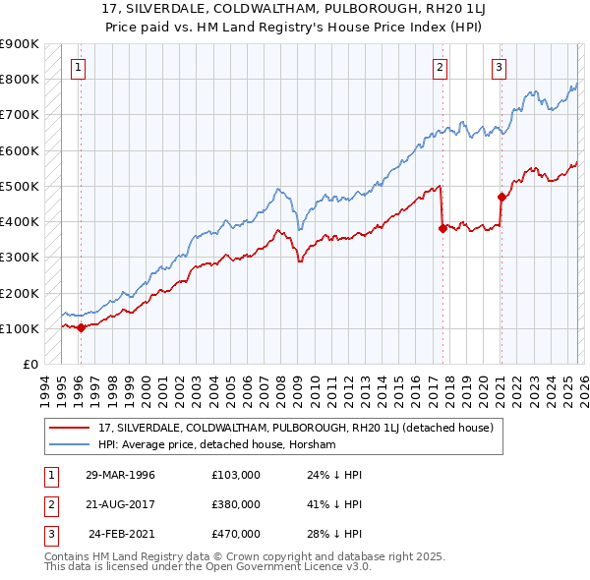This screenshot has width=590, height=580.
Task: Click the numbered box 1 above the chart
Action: [x=78, y=68]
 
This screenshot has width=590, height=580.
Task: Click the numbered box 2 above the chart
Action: [x=440, y=68]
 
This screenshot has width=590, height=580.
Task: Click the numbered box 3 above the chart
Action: [x=499, y=68]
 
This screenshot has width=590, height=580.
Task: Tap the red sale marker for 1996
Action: [x=81, y=328]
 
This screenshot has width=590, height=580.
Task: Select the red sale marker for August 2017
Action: [x=442, y=228]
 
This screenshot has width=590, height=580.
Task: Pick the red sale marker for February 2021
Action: [x=501, y=197]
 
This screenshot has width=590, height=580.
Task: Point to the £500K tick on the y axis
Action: [x=19, y=186]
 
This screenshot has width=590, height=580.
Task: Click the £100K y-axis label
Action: [x=19, y=328]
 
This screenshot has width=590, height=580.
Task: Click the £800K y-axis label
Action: [x=19, y=79]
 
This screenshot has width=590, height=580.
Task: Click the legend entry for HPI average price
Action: [x=216, y=444]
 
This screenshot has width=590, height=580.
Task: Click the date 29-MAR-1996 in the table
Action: [x=120, y=475]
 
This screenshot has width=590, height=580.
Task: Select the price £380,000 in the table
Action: [x=236, y=504]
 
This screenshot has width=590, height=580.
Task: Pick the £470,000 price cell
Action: [x=236, y=534]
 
